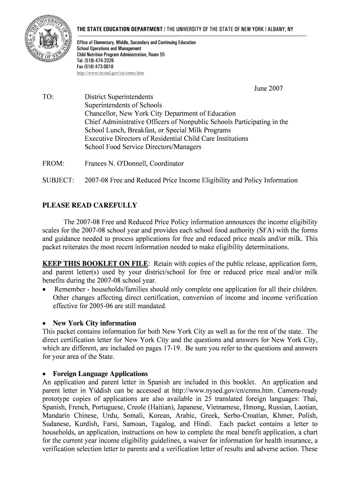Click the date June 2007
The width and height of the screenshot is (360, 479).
click(268, 88)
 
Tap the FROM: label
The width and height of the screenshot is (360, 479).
click(53, 163)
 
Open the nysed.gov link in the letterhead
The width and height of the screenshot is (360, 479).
click(110, 73)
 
